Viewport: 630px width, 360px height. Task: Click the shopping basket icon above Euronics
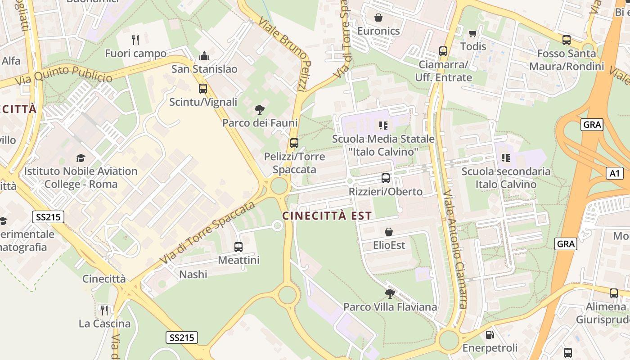(378, 18)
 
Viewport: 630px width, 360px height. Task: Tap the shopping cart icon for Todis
(472, 33)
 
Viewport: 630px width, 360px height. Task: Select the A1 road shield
(614, 173)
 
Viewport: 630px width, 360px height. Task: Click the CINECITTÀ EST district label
(327, 216)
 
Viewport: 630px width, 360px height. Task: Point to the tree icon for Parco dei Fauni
(259, 109)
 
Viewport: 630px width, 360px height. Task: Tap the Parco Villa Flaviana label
(390, 307)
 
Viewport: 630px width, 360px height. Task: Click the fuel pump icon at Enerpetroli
(490, 335)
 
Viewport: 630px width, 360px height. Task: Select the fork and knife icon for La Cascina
(104, 310)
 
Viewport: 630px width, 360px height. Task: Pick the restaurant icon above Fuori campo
(135, 40)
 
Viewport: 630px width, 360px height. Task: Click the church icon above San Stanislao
(204, 56)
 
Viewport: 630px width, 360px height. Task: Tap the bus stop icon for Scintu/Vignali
(203, 89)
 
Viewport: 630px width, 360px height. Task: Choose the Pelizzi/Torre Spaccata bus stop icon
(294, 143)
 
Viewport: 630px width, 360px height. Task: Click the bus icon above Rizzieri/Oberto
(386, 178)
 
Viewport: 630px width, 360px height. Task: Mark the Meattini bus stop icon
(238, 247)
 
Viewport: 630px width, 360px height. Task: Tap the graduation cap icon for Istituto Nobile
(81, 158)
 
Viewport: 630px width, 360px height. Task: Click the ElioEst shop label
(389, 245)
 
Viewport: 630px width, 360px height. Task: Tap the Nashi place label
(193, 274)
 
